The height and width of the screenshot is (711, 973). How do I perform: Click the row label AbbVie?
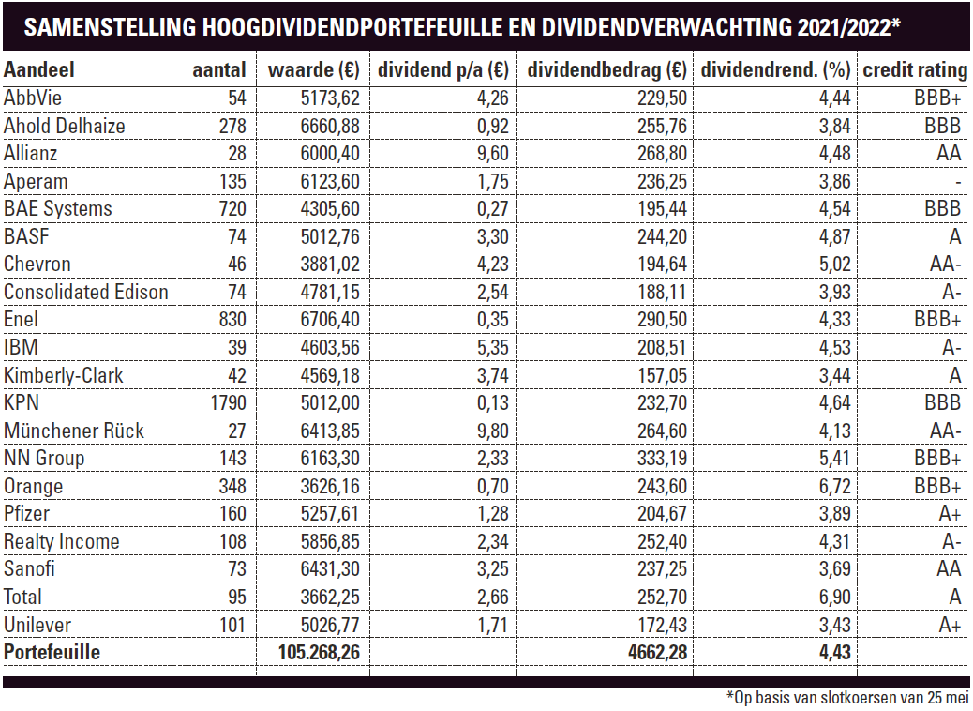(32, 98)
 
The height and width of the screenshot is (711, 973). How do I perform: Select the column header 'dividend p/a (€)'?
(443, 70)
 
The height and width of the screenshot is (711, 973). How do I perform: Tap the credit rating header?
(915, 70)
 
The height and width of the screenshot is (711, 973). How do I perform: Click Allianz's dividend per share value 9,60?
(493, 154)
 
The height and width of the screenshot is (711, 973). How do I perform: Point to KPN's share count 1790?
(229, 403)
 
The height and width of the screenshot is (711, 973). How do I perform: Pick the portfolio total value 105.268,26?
(319, 653)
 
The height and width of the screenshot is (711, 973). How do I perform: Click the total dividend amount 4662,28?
(657, 653)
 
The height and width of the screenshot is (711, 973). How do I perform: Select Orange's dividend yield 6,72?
(834, 486)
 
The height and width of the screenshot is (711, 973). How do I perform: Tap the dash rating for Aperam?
(958, 183)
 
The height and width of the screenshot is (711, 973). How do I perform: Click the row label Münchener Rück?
(73, 431)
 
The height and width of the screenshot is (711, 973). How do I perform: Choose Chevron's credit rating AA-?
(945, 265)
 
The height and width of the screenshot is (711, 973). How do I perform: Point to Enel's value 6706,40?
(330, 320)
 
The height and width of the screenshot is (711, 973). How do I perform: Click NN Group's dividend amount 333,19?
(662, 459)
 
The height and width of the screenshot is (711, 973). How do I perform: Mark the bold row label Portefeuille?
(52, 653)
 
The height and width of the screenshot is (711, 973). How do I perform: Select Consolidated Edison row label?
(85, 293)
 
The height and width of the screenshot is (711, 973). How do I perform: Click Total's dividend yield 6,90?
(834, 598)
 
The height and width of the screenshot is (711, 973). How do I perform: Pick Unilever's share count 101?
(232, 626)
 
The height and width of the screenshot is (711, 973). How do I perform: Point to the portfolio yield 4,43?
(834, 653)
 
